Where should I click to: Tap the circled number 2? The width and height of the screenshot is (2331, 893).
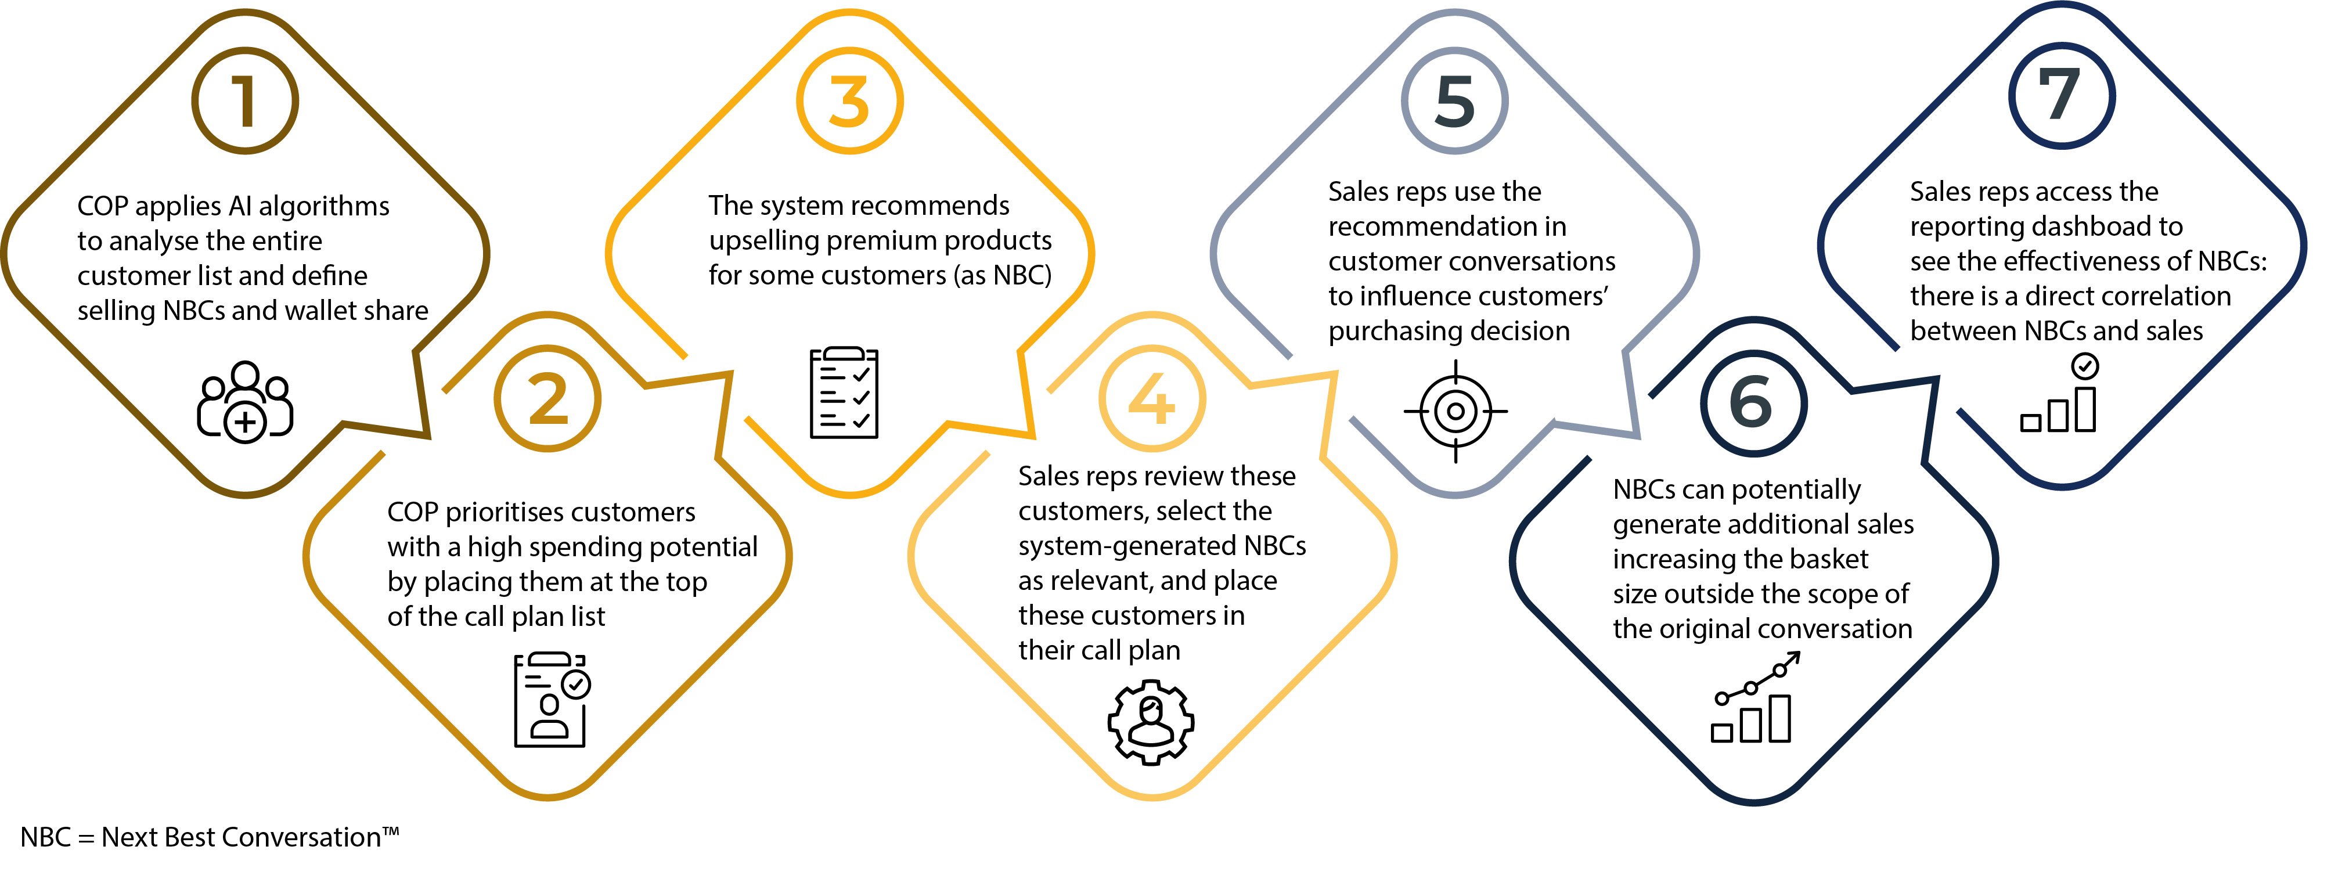click(547, 399)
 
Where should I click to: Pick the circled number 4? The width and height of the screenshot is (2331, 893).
click(1152, 399)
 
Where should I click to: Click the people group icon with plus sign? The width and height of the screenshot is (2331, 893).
click(245, 402)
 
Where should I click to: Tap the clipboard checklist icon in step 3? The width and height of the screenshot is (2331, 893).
click(844, 393)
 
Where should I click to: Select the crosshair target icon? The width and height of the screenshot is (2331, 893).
click(1455, 412)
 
